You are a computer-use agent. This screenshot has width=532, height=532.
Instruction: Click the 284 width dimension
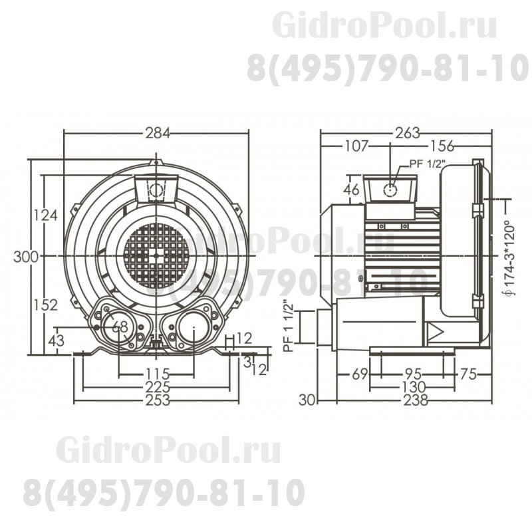157,132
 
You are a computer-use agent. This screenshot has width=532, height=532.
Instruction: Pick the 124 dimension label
45,215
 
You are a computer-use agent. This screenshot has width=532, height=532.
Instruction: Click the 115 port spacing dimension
157,373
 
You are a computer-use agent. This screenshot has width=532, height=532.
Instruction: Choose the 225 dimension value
157,387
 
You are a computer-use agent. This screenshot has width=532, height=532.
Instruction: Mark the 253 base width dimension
157,400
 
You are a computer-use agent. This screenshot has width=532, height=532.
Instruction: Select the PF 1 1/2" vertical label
288,325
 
